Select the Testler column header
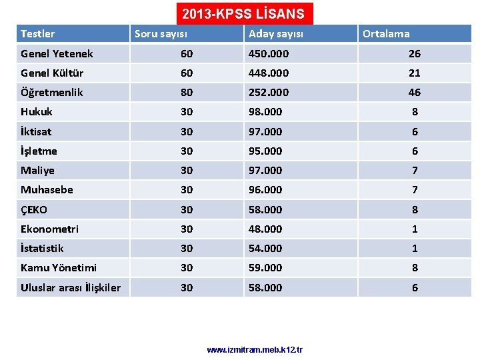pyautogui.click(x=38, y=33)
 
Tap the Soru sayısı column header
pyautogui.click(x=161, y=33)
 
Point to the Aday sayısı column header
pyautogui.click(x=275, y=33)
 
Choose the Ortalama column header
pyautogui.click(x=386, y=33)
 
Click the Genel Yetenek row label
pyautogui.click(x=57, y=53)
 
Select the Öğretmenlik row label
pyautogui.click(x=52, y=92)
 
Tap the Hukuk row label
pyautogui.click(x=37, y=111)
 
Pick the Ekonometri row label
pyautogui.click(x=49, y=229)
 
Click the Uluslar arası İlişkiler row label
pyautogui.click(x=71, y=287)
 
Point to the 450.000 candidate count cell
pyautogui.click(x=265, y=53)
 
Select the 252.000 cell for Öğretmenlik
pyautogui.click(x=265, y=92)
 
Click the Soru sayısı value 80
pyautogui.click(x=187, y=92)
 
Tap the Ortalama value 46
pyautogui.click(x=415, y=92)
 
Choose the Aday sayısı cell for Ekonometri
pyautogui.click(x=265, y=229)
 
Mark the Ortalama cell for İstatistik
pyautogui.click(x=415, y=248)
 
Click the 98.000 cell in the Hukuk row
pyautogui.click(x=265, y=111)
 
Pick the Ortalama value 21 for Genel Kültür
pyautogui.click(x=415, y=73)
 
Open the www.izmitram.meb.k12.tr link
pyautogui.click(x=255, y=349)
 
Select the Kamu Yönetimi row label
pyautogui.click(x=59, y=267)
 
